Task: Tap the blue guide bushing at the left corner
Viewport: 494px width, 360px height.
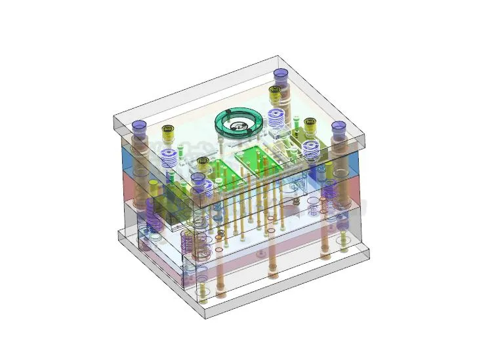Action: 138,125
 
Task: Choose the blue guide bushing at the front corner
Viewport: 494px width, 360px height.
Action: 197,178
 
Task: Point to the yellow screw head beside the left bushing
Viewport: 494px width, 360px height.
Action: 168,130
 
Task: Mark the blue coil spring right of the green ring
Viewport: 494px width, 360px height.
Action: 276,119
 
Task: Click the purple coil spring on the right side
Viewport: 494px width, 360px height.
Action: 329,193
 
